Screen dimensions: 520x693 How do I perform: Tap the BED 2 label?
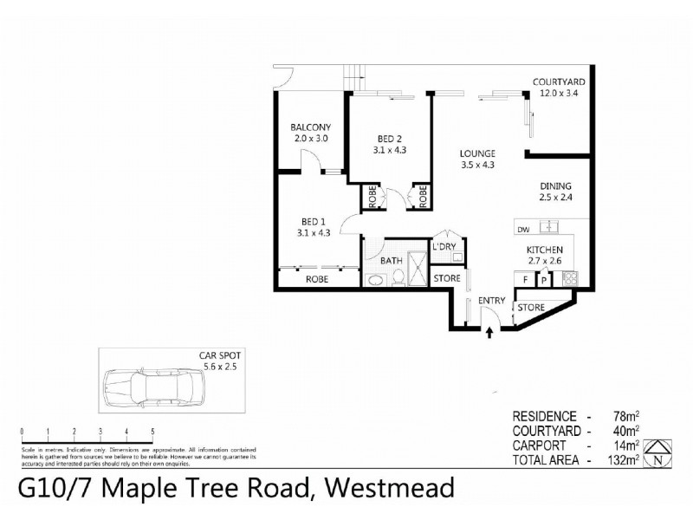pyautogui.click(x=389, y=138)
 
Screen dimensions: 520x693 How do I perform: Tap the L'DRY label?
pyautogui.click(x=446, y=248)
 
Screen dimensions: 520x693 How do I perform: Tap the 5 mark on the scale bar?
pyautogui.click(x=152, y=432)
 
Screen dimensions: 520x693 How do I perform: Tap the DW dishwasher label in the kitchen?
pyautogui.click(x=521, y=231)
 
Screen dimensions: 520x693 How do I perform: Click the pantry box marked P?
pyautogui.click(x=544, y=279)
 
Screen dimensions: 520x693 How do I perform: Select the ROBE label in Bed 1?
pyautogui.click(x=315, y=280)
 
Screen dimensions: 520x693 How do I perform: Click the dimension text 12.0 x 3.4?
pyautogui.click(x=555, y=93)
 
